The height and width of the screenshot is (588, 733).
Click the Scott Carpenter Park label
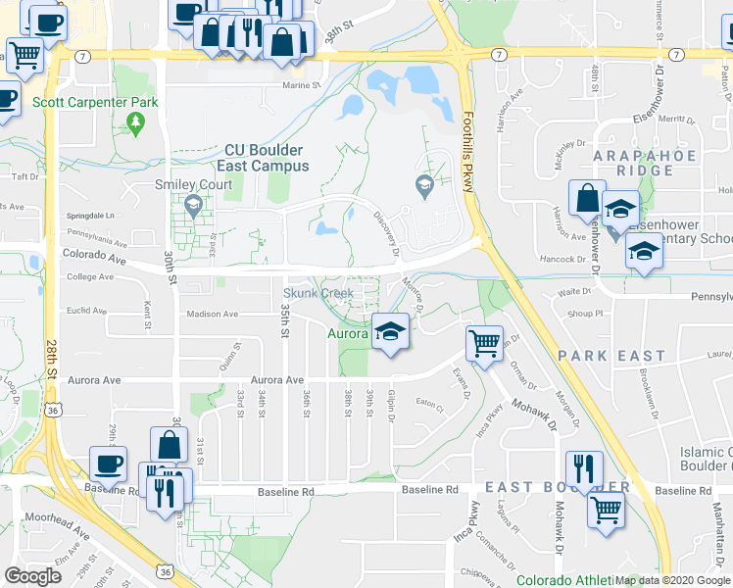click(81, 101)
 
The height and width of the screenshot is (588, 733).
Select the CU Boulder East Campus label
click(263, 158)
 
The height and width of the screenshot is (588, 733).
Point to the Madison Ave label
click(214, 315)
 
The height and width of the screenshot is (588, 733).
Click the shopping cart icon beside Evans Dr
click(484, 344)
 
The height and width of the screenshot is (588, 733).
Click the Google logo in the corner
click(33, 575)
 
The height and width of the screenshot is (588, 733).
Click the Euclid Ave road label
click(87, 311)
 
